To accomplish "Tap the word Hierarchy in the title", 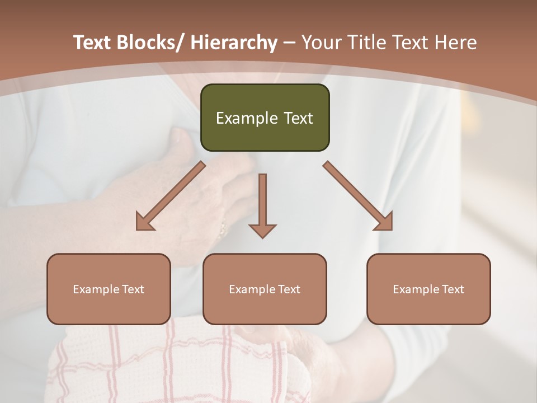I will [234, 43].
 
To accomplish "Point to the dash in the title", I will [289, 43].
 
